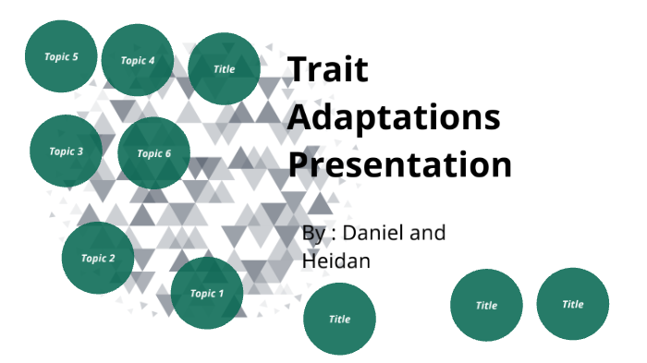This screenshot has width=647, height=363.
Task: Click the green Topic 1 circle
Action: click(x=207, y=293)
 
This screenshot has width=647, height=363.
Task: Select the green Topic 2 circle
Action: click(x=98, y=258)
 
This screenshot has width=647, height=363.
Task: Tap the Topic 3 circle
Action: click(x=66, y=151)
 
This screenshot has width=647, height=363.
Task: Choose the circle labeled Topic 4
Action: click(x=138, y=60)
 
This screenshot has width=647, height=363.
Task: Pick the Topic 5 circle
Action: click(x=61, y=56)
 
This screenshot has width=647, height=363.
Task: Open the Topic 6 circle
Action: click(x=154, y=153)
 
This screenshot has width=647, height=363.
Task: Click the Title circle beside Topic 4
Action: click(x=225, y=68)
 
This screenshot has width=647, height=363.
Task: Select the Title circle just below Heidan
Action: click(x=339, y=319)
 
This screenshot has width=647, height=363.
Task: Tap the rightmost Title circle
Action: click(x=573, y=304)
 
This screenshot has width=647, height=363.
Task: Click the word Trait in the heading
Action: click(x=327, y=70)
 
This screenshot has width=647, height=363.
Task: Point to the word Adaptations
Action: click(x=394, y=118)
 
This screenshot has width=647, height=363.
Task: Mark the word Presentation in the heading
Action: click(x=399, y=165)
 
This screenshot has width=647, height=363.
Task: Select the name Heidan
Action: click(x=336, y=261)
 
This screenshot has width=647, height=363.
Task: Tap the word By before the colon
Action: click(x=313, y=234)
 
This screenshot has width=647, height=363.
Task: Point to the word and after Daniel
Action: click(x=427, y=233)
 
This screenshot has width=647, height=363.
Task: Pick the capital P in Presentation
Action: click(x=299, y=165)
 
